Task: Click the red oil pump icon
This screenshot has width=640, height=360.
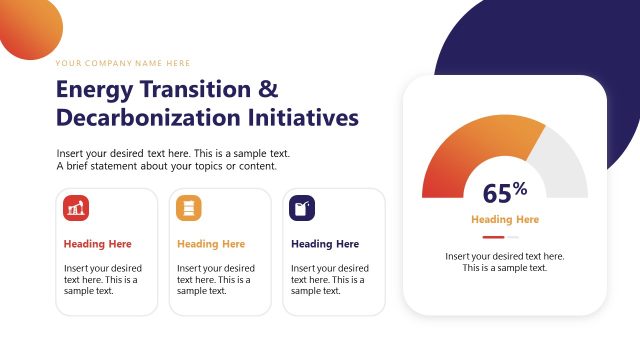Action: point(76,208)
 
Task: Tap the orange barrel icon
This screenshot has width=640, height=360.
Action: point(189,208)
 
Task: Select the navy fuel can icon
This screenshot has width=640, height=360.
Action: point(302,208)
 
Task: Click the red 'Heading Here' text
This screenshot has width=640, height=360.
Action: point(97,244)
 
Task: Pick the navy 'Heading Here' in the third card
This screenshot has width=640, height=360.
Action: point(324,244)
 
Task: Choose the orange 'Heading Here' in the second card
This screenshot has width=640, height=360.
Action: point(210,244)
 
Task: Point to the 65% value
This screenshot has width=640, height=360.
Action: point(504,193)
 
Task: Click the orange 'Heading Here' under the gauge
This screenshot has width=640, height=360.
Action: point(505,220)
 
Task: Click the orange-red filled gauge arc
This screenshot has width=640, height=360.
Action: point(470,145)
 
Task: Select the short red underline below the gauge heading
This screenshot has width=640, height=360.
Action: point(493,237)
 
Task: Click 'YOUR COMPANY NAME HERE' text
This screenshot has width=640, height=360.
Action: point(123,63)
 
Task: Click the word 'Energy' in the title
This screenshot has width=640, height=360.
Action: point(96,89)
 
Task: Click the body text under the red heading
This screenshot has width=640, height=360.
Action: point(102,279)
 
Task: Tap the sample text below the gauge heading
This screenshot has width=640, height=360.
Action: point(504,262)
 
